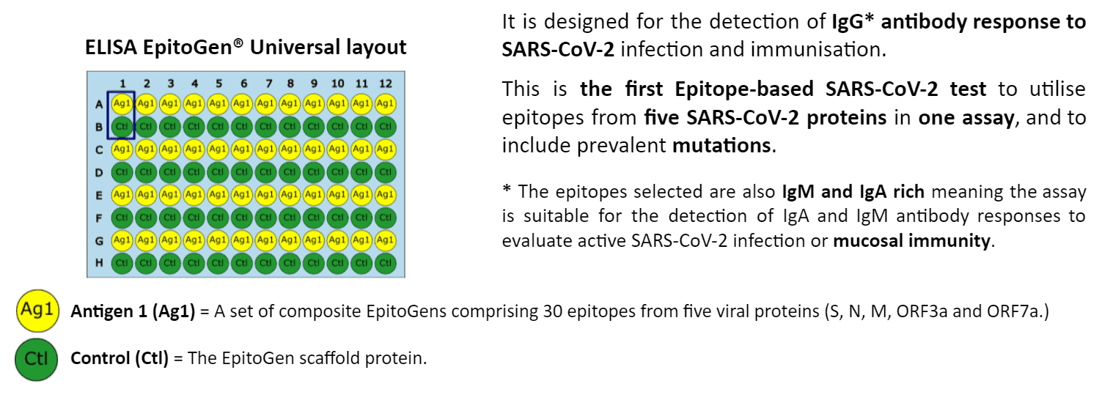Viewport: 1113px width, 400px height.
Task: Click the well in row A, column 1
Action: [122, 104]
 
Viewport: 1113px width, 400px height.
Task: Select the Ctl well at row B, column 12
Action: [386, 127]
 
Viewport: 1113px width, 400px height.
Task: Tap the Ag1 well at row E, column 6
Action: [241, 195]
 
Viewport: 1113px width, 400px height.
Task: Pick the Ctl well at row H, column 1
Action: [122, 263]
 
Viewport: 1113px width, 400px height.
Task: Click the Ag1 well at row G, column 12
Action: [386, 240]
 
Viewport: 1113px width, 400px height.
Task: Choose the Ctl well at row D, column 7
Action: [266, 172]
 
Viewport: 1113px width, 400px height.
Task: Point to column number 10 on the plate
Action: [338, 84]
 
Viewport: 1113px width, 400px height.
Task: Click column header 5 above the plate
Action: [218, 84]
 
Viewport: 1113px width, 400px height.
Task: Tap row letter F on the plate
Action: [99, 218]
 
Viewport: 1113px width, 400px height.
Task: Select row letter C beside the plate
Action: [99, 150]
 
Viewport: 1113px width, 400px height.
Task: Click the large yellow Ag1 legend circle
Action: [37, 311]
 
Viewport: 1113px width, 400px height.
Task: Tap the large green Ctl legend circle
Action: [36, 359]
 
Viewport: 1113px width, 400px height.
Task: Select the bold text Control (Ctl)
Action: [120, 358]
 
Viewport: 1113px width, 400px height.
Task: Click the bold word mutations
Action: [721, 145]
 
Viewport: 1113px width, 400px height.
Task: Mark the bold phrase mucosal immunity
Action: [912, 241]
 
